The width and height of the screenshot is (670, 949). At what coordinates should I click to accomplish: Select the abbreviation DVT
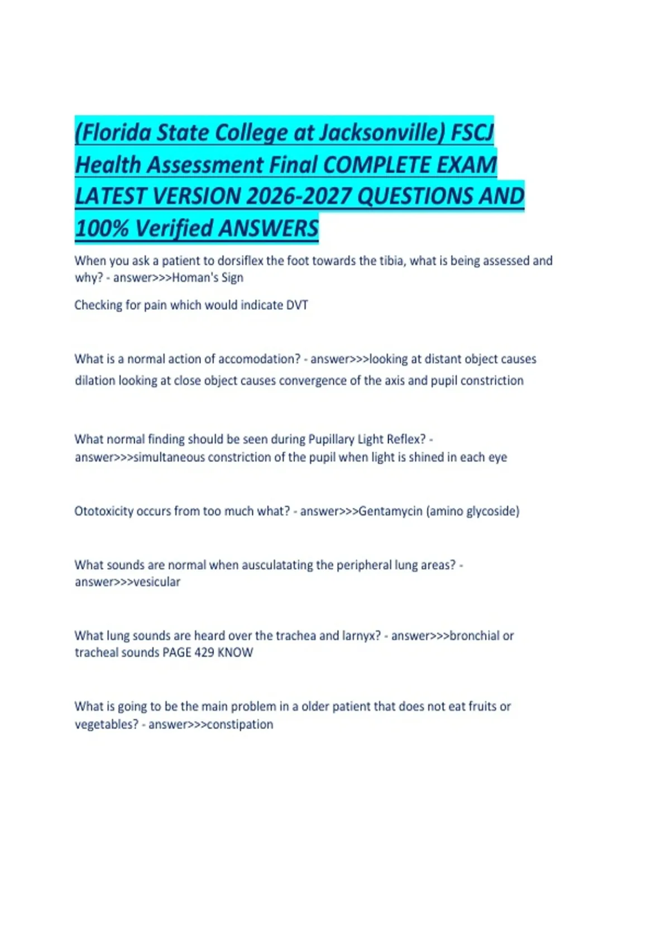(x=297, y=305)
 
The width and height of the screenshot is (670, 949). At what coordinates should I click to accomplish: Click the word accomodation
(x=259, y=359)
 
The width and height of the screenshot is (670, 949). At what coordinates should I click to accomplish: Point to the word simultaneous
(x=169, y=457)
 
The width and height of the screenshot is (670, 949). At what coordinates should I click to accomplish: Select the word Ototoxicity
(x=104, y=511)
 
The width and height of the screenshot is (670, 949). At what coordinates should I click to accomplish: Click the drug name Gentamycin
(x=390, y=511)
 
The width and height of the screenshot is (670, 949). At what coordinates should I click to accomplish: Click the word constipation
(x=240, y=725)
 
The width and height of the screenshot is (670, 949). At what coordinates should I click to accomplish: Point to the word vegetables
(x=106, y=725)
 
